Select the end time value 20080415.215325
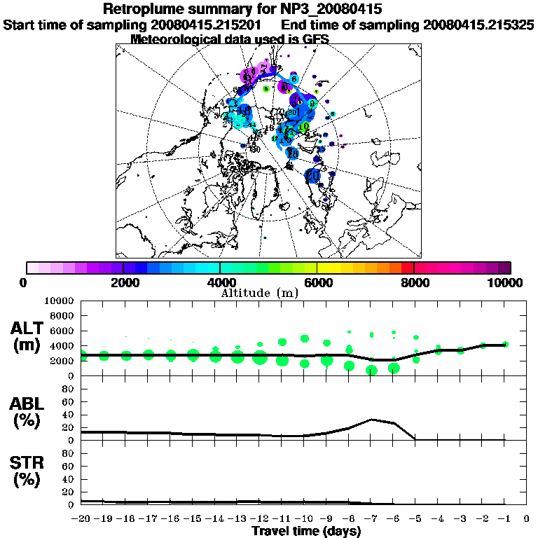(479, 25)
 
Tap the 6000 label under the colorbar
(317, 282)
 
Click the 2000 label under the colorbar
(123, 282)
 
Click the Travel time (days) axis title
(306, 532)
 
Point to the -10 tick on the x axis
(305, 520)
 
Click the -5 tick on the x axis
(416, 520)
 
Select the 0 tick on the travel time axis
(527, 520)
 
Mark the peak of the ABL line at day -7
(371, 420)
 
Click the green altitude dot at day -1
(506, 344)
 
